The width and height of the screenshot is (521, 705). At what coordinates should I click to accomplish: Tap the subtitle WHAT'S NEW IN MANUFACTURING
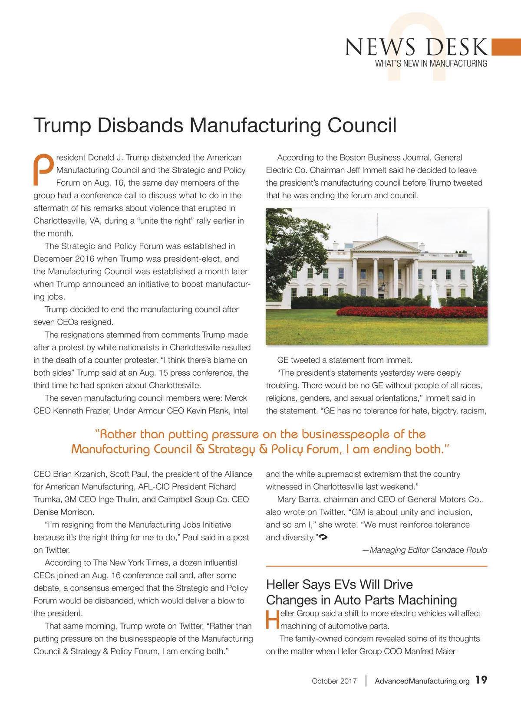click(431, 64)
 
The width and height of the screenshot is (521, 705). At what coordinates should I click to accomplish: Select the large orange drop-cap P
click(43, 169)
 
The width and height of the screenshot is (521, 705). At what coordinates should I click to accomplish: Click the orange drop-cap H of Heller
click(272, 620)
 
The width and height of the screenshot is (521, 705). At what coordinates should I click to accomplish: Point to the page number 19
click(481, 680)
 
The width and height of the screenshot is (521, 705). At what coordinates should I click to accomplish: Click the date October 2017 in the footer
click(334, 681)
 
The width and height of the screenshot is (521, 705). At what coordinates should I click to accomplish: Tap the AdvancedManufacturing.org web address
click(422, 681)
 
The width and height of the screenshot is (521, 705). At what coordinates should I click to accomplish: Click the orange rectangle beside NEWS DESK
click(506, 47)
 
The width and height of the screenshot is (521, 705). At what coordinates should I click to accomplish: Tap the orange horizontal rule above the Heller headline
click(376, 566)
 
